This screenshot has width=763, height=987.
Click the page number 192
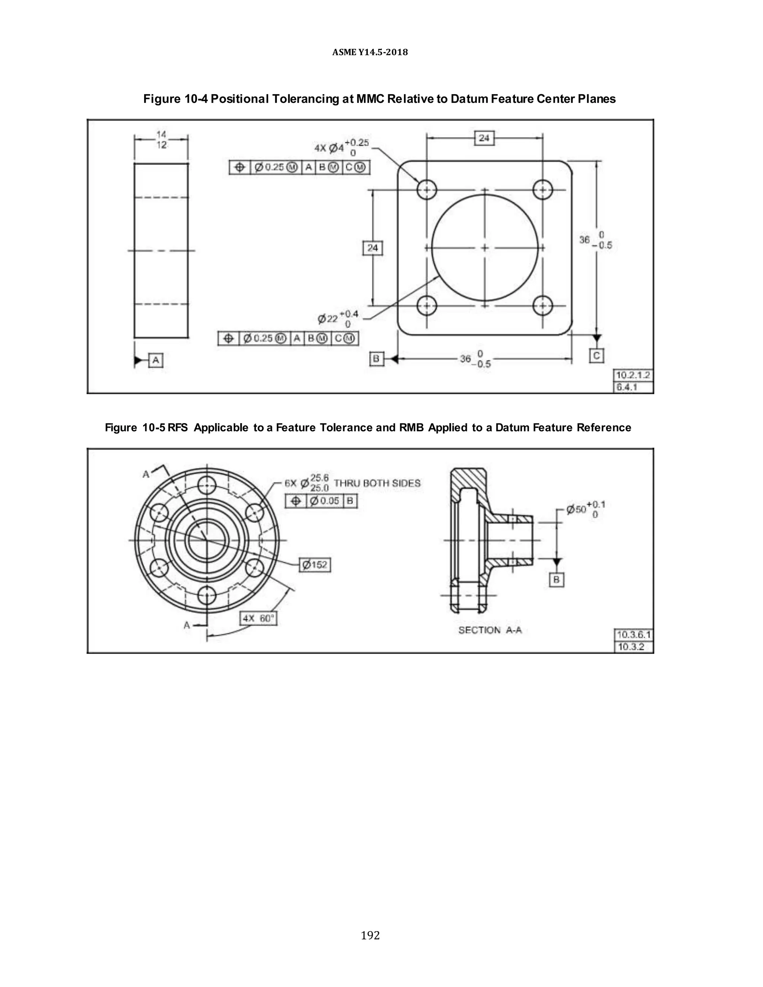(x=370, y=935)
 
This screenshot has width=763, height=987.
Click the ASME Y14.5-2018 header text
(x=370, y=52)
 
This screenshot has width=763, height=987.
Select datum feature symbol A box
(x=155, y=360)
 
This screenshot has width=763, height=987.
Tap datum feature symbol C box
(x=596, y=356)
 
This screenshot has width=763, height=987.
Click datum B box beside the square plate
(x=376, y=359)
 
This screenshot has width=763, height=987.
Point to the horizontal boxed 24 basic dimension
(x=484, y=138)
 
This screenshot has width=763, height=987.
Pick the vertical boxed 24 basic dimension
(x=373, y=248)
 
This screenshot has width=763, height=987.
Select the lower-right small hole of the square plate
(x=542, y=305)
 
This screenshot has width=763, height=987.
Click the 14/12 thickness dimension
(x=161, y=140)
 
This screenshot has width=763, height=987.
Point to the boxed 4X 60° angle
(x=258, y=618)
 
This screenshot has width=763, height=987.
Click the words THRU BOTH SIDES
(x=377, y=483)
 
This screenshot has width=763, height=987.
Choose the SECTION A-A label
(x=490, y=630)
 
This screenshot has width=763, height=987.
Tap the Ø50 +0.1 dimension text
(x=585, y=509)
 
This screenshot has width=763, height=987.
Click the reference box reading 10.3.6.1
(x=633, y=635)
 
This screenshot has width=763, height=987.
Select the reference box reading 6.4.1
(x=633, y=387)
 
